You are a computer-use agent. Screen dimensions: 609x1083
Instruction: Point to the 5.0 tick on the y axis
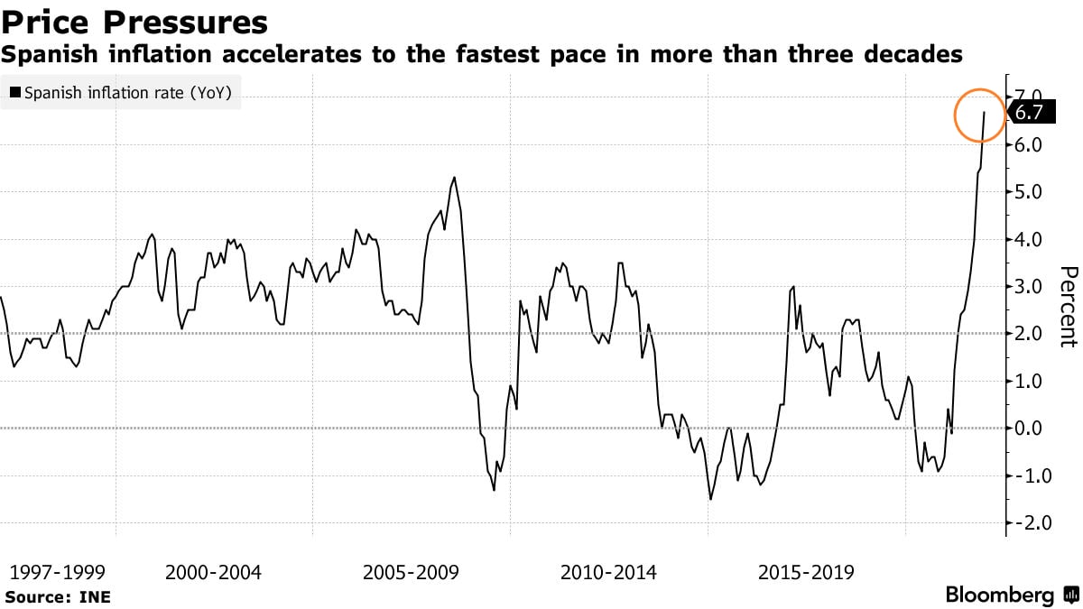tap(1029, 192)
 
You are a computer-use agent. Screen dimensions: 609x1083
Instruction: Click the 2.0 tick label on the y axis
tap(1029, 334)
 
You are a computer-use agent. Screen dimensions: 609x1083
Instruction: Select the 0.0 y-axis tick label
tap(1029, 429)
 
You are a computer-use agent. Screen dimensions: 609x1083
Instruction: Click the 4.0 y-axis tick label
tap(1029, 240)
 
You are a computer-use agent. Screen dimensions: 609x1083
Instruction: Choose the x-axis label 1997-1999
tap(57, 572)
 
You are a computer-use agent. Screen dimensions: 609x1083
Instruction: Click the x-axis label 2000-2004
tap(214, 572)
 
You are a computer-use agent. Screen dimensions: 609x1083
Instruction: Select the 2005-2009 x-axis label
tap(411, 572)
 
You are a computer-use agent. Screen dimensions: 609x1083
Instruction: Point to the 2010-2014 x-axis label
tap(608, 572)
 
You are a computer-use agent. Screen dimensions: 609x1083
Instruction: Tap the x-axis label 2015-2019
tap(806, 572)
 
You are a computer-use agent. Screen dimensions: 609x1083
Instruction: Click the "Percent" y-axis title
tap(1068, 307)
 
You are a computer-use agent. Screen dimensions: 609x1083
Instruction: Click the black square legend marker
tap(14, 92)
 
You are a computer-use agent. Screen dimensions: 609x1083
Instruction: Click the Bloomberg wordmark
tap(1000, 595)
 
